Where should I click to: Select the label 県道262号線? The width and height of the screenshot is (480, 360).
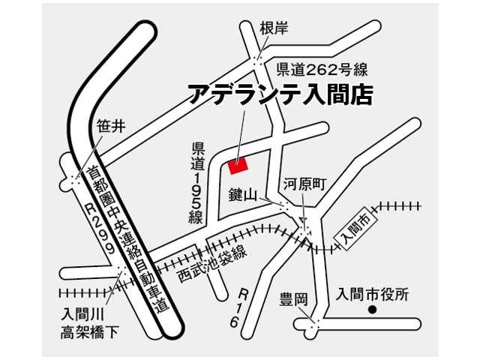[322, 70]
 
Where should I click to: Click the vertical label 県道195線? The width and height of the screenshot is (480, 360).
[198, 182]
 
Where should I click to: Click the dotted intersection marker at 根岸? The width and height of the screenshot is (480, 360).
[258, 58]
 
